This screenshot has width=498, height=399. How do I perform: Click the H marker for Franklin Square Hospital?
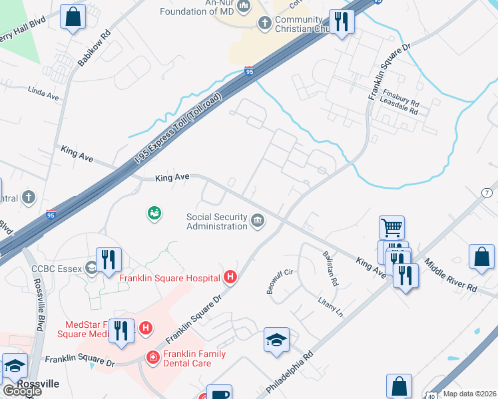point(230,277)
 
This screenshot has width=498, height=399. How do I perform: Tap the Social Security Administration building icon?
point(258,221)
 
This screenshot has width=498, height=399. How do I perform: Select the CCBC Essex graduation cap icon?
point(91,269)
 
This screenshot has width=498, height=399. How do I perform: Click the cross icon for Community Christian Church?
point(264,24)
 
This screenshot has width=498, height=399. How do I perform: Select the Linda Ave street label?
point(44,94)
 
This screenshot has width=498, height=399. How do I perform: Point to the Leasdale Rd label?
point(399,110)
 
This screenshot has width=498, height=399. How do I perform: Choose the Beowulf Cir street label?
point(280,283)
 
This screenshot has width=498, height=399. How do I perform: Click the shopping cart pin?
point(391,227)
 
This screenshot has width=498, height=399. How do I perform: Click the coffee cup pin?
point(219,394)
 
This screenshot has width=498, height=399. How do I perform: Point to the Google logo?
point(21,390)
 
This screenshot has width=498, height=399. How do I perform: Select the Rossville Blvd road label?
point(37,303)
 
